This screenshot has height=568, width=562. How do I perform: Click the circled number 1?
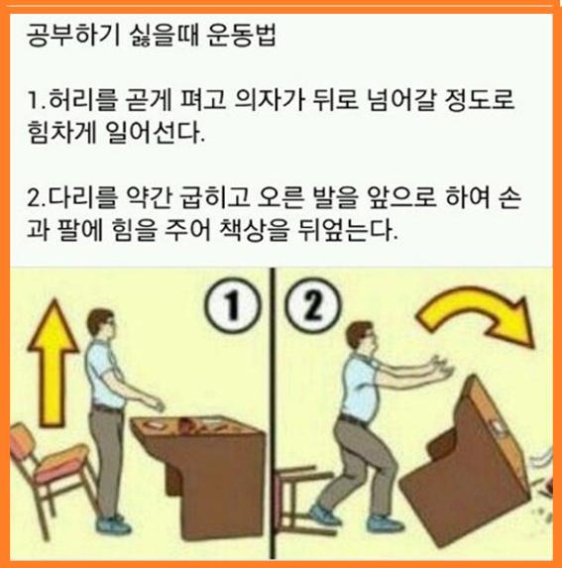click(x=232, y=305)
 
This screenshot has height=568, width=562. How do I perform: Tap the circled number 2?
click(x=313, y=305)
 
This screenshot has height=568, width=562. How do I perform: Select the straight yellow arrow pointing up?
click(x=53, y=362)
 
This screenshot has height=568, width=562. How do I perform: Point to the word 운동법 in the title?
click(x=241, y=36)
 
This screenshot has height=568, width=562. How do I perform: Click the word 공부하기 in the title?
click(x=72, y=36)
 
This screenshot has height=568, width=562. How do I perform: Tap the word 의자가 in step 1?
click(x=269, y=99)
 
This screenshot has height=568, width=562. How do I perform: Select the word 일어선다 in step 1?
click(x=155, y=133)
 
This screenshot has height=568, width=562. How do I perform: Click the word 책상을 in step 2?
click(x=254, y=229)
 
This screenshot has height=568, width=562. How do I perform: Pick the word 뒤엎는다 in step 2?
click(x=347, y=229)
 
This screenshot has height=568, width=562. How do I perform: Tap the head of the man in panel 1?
click(x=102, y=323)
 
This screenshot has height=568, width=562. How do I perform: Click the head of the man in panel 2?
click(x=361, y=336)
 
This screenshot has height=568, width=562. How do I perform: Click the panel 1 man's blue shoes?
click(x=114, y=523)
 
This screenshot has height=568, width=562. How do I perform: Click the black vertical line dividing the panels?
click(x=273, y=413)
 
